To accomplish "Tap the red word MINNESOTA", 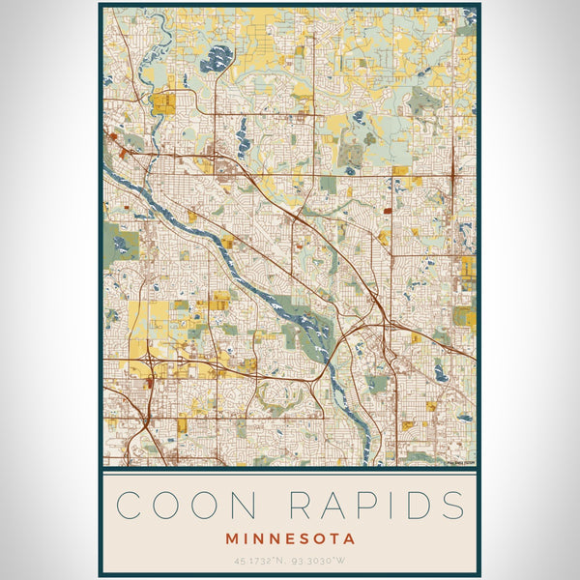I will pos(290,538).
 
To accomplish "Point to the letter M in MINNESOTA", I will pos(232,538).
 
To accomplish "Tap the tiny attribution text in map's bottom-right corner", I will pos(459,462).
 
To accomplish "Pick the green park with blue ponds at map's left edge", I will pos(120,244).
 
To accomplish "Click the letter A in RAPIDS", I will pos(332,505).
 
